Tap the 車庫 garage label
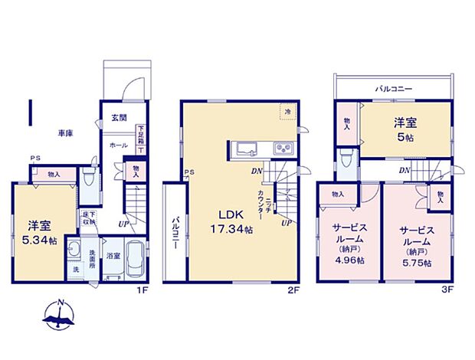pyautogui.click(x=64, y=133)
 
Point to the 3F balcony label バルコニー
pyautogui.click(x=394, y=90)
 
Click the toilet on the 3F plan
pyautogui.click(x=347, y=163)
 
